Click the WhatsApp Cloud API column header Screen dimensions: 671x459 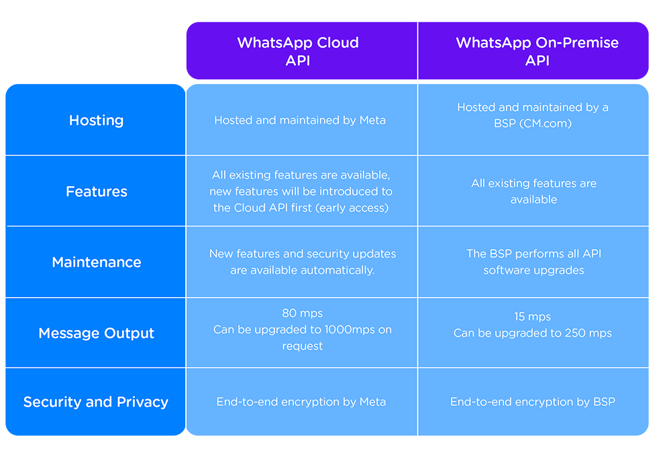pyautogui.click(x=298, y=51)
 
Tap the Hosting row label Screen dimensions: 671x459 pyautogui.click(x=96, y=120)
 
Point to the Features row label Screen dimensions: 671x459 pyautogui.click(x=96, y=191)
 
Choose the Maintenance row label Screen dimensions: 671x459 pyautogui.click(x=96, y=262)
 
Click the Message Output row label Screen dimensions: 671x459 pyautogui.click(x=96, y=333)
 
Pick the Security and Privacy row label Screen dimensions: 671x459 pyautogui.click(x=96, y=402)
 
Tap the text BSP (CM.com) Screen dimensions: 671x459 pyautogui.click(x=533, y=124)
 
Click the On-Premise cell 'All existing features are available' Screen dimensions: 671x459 pyautogui.click(x=533, y=191)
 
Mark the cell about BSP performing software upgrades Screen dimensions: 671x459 pyautogui.click(x=533, y=262)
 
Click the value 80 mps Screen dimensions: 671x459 pyautogui.click(x=302, y=313)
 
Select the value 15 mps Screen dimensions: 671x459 pyautogui.click(x=532, y=317)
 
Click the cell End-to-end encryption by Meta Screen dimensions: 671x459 pyautogui.click(x=301, y=402)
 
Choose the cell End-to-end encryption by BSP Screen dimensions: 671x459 pyautogui.click(x=533, y=402)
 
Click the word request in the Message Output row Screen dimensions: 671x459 pyautogui.click(x=302, y=346)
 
